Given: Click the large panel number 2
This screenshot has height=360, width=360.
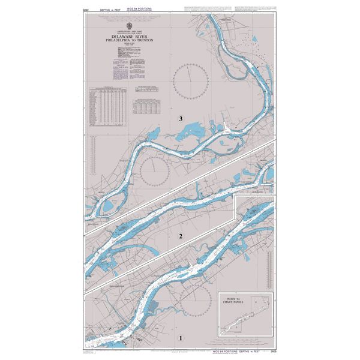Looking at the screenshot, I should click(x=181, y=236).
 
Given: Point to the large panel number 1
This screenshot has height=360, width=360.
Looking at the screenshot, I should click(x=181, y=338).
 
